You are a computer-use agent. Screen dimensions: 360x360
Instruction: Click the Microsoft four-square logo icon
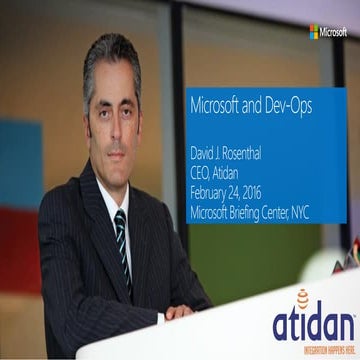click(314, 32)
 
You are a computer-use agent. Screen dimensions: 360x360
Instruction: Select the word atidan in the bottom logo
click(312, 323)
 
